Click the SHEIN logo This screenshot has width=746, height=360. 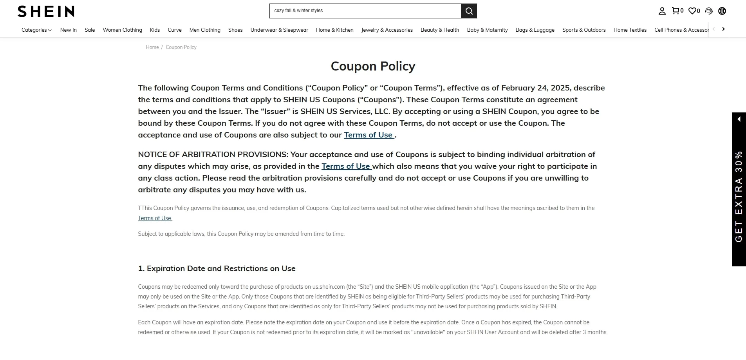pos(46,11)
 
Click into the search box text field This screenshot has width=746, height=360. pos(365,11)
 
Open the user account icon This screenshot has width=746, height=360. pos(662,11)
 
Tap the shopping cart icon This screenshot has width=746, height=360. pos(676,11)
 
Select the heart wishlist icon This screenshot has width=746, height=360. pos(693,11)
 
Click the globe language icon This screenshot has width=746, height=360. pos(722,11)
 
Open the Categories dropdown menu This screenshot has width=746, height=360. pos(36,30)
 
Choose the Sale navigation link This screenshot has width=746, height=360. pos(90,30)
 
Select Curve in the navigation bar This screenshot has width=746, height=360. pos(175,30)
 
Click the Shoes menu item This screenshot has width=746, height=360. pos(235,30)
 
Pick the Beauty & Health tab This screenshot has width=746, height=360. pos(440,30)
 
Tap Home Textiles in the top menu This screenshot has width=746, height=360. pos(630,30)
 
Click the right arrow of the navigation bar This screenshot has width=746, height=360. pos(723,29)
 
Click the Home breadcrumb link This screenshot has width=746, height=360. pos(152,47)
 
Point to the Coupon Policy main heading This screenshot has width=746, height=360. pos(373,66)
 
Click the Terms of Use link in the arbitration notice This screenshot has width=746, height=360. pos(346,166)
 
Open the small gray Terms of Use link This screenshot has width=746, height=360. pos(155,218)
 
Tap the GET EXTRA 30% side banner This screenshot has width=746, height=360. pos(739,189)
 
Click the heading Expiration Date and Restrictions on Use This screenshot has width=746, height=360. pos(217,268)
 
